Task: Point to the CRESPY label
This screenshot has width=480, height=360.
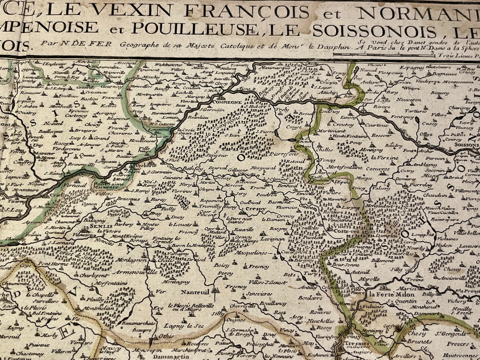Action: click(x=256, y=209)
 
